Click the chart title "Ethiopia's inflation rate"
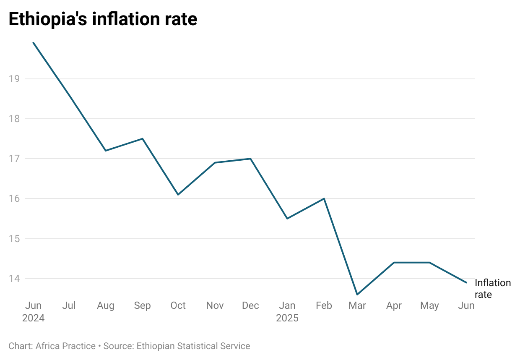pos(103,19)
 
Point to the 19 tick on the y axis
pos(14,79)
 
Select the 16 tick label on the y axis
pos(14,198)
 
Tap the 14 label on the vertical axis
pos(14,279)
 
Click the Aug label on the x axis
pos(105,305)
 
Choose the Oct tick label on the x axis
pos(178,305)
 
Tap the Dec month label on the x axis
pos(250,305)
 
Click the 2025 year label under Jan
pos(287,318)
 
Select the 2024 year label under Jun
pos(33,318)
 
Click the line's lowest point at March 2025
pos(357,295)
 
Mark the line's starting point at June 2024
pos(33,43)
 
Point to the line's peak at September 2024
pos(143,138)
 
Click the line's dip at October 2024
pos(178,195)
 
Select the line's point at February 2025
pos(324,198)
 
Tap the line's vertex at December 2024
pos(250,159)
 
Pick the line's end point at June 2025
pos(466,282)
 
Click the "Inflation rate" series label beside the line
pos(492,289)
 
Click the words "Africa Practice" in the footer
pos(65,346)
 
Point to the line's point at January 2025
pos(287,219)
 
